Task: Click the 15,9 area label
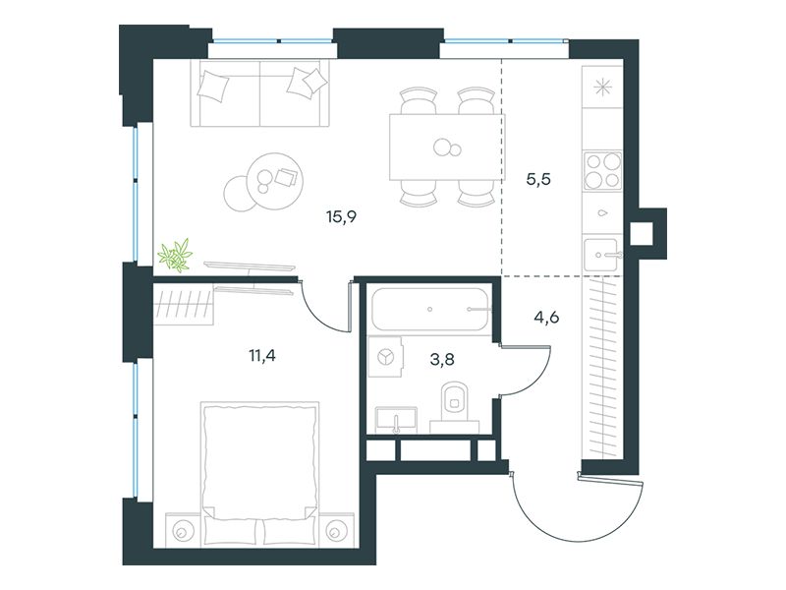[341, 216]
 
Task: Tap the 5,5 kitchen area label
[538, 179]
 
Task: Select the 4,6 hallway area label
[546, 317]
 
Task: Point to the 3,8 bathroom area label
[442, 359]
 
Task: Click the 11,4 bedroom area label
[262, 356]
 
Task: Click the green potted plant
[175, 256]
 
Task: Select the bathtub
[430, 309]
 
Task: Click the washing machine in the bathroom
[385, 357]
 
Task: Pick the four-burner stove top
[602, 170]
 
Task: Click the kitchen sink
[602, 255]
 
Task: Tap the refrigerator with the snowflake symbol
[602, 88]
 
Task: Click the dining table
[447, 147]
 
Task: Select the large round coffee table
[275, 182]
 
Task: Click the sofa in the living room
[259, 93]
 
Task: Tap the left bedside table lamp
[183, 531]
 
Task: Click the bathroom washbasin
[396, 420]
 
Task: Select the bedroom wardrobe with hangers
[184, 304]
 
